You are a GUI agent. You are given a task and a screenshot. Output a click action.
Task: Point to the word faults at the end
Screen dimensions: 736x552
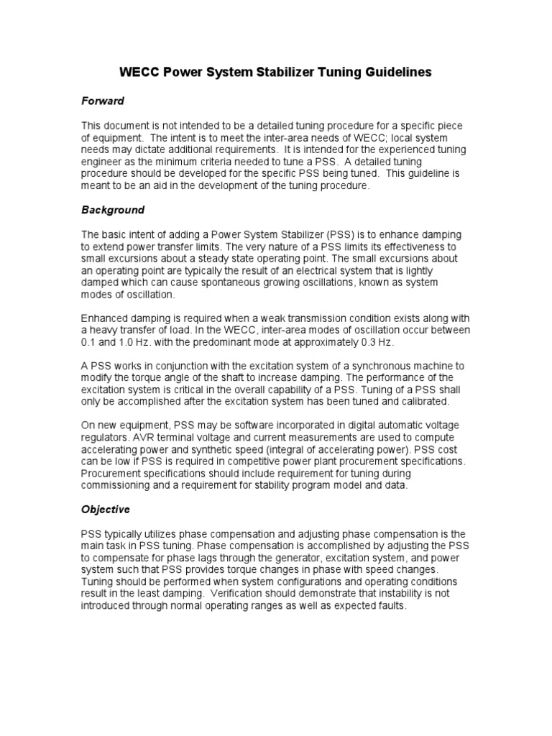pyautogui.click(x=391, y=605)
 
